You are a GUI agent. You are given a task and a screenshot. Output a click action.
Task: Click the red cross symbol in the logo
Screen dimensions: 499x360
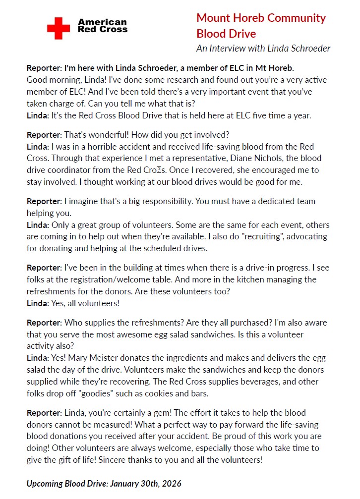pos(59,28)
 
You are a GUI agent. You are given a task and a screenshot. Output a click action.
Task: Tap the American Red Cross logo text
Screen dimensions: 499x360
pos(103,26)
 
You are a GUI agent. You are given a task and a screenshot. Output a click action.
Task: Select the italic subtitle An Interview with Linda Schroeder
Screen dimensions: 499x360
pos(263,49)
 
